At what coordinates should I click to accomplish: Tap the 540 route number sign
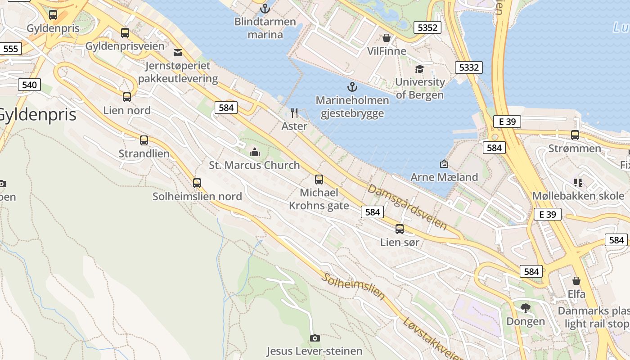click(x=30, y=85)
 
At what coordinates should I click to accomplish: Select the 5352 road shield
click(x=427, y=27)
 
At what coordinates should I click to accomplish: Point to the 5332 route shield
click(x=469, y=67)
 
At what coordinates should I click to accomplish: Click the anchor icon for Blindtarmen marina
click(x=265, y=8)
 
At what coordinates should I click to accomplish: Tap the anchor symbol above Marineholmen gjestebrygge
click(x=352, y=86)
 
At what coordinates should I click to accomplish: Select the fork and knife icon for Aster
click(x=294, y=112)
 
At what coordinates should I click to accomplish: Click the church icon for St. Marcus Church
click(x=255, y=152)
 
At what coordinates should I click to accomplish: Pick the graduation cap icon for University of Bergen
click(x=419, y=69)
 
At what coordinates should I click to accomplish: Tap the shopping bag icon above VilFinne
click(x=386, y=38)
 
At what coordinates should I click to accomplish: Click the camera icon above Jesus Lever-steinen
click(x=315, y=338)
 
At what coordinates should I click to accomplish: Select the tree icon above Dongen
click(x=525, y=308)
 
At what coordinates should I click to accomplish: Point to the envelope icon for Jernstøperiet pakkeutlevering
click(x=178, y=53)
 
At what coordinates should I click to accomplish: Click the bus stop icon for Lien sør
click(x=399, y=229)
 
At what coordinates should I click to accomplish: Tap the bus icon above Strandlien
click(x=144, y=140)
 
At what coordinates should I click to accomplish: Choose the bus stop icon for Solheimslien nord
click(x=197, y=183)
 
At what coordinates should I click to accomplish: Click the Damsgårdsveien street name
click(x=407, y=207)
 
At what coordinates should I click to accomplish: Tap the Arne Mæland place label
click(x=444, y=177)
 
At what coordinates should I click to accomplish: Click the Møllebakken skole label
click(x=578, y=196)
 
